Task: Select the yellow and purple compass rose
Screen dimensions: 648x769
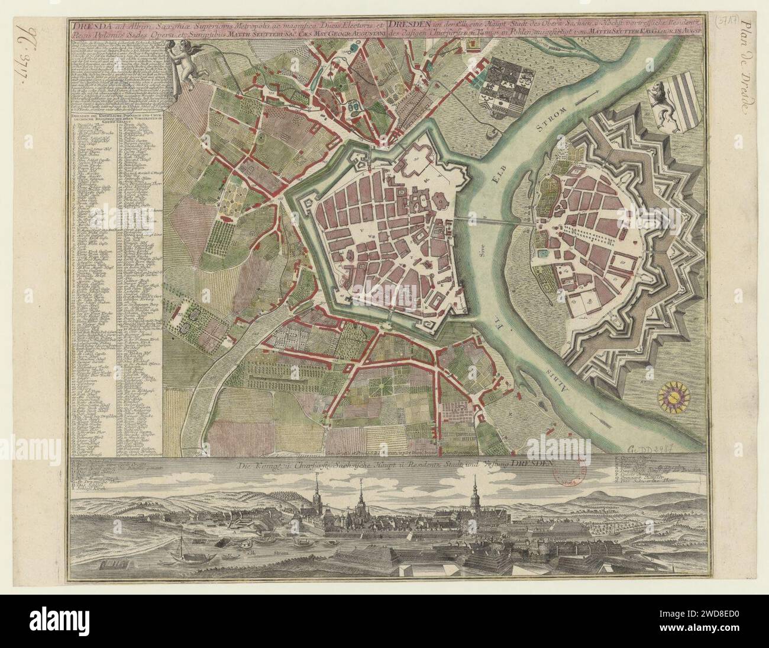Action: pyautogui.click(x=673, y=396)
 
